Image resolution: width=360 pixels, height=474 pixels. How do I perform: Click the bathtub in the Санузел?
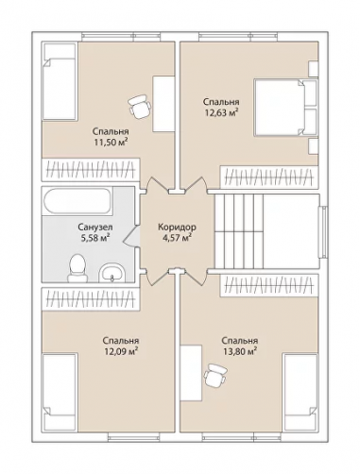pyautogui.click(x=77, y=201)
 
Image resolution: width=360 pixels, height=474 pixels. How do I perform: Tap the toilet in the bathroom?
pyautogui.click(x=77, y=267)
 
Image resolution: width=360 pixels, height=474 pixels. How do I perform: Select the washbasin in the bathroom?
pyautogui.click(x=111, y=272)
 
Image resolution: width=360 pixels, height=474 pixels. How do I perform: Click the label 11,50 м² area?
pyautogui.click(x=110, y=143)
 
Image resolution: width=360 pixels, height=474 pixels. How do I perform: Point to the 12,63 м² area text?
pyautogui.click(x=221, y=112)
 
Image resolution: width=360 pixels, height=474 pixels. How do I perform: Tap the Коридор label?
pyautogui.click(x=177, y=227)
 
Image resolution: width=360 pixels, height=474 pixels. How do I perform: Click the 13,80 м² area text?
pyautogui.click(x=240, y=351)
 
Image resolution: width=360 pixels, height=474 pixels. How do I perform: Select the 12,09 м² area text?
pyautogui.click(x=121, y=351)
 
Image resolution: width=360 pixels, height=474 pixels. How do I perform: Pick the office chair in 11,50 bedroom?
pyautogui.click(x=140, y=106)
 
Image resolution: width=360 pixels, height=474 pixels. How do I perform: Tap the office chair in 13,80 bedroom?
pyautogui.click(x=215, y=375)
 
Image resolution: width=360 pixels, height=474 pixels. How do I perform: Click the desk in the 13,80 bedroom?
pyautogui.click(x=191, y=373)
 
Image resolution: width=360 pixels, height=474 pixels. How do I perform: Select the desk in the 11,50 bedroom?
pyautogui.click(x=163, y=104)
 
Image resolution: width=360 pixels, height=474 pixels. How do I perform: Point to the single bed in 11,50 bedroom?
pyautogui.click(x=60, y=81)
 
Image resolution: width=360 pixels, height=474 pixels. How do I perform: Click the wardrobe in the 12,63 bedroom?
pyautogui.click(x=269, y=177)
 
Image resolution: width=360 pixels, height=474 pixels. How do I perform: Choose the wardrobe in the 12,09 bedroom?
pyautogui.click(x=92, y=298)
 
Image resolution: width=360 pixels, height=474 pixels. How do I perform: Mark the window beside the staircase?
pyautogui.click(x=323, y=232)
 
